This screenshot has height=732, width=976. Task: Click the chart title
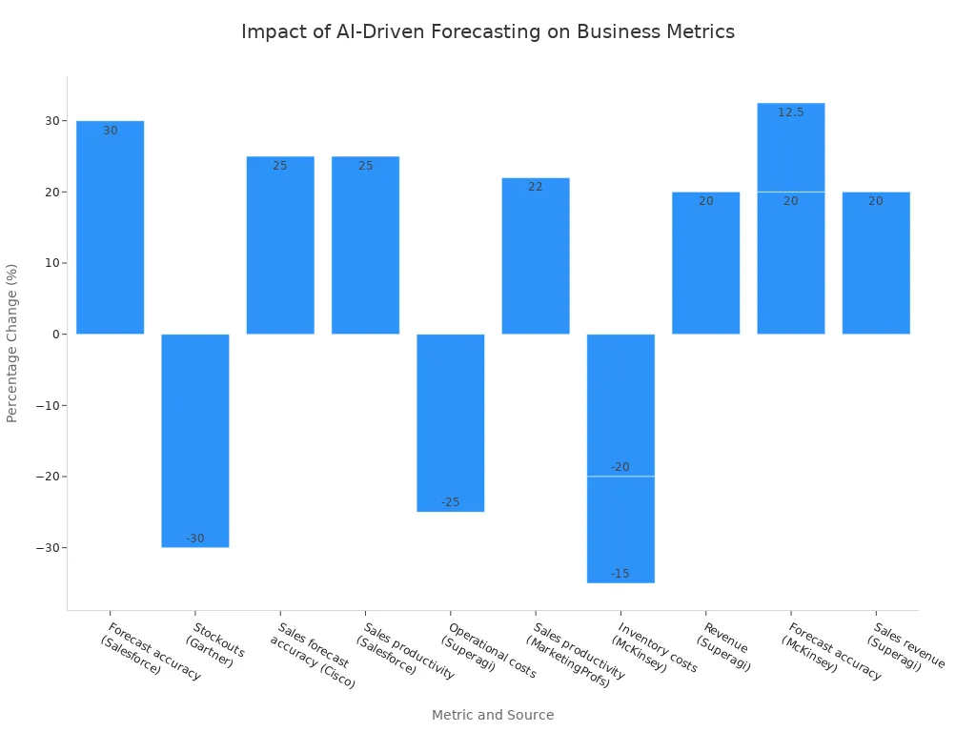(487, 31)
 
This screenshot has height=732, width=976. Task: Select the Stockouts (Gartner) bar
(194, 440)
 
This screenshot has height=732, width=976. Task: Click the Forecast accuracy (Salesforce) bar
(110, 227)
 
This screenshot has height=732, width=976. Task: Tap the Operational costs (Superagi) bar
(450, 422)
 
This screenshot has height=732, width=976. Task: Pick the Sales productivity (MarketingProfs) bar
(535, 255)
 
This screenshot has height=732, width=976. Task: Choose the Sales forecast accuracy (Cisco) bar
(280, 245)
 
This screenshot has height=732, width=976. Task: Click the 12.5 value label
(790, 112)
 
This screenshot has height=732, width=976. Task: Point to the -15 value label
(620, 574)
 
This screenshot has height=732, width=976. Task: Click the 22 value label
(535, 187)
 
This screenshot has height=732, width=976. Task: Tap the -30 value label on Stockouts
(194, 539)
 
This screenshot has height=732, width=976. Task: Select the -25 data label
(450, 502)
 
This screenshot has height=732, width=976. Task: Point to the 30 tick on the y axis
(51, 121)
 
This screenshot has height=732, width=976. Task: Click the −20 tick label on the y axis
(47, 477)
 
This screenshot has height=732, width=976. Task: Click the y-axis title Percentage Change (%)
(12, 343)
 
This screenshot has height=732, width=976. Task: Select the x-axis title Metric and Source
(492, 715)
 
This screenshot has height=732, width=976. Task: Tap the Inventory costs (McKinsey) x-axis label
(654, 649)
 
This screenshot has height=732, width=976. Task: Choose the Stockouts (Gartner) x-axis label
(214, 645)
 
